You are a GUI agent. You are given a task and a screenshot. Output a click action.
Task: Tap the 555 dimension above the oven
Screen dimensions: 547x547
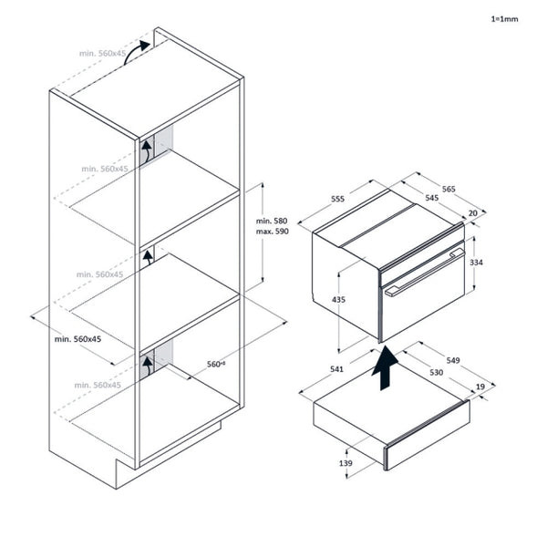pyautogui.click(x=337, y=199)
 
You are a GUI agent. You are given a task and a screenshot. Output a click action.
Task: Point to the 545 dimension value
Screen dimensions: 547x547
pyautogui.click(x=431, y=198)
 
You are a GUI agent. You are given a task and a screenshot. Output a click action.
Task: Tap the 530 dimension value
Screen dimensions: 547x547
pyautogui.click(x=437, y=372)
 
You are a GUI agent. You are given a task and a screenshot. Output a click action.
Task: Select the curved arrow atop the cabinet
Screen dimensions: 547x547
pyautogui.click(x=136, y=51)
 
